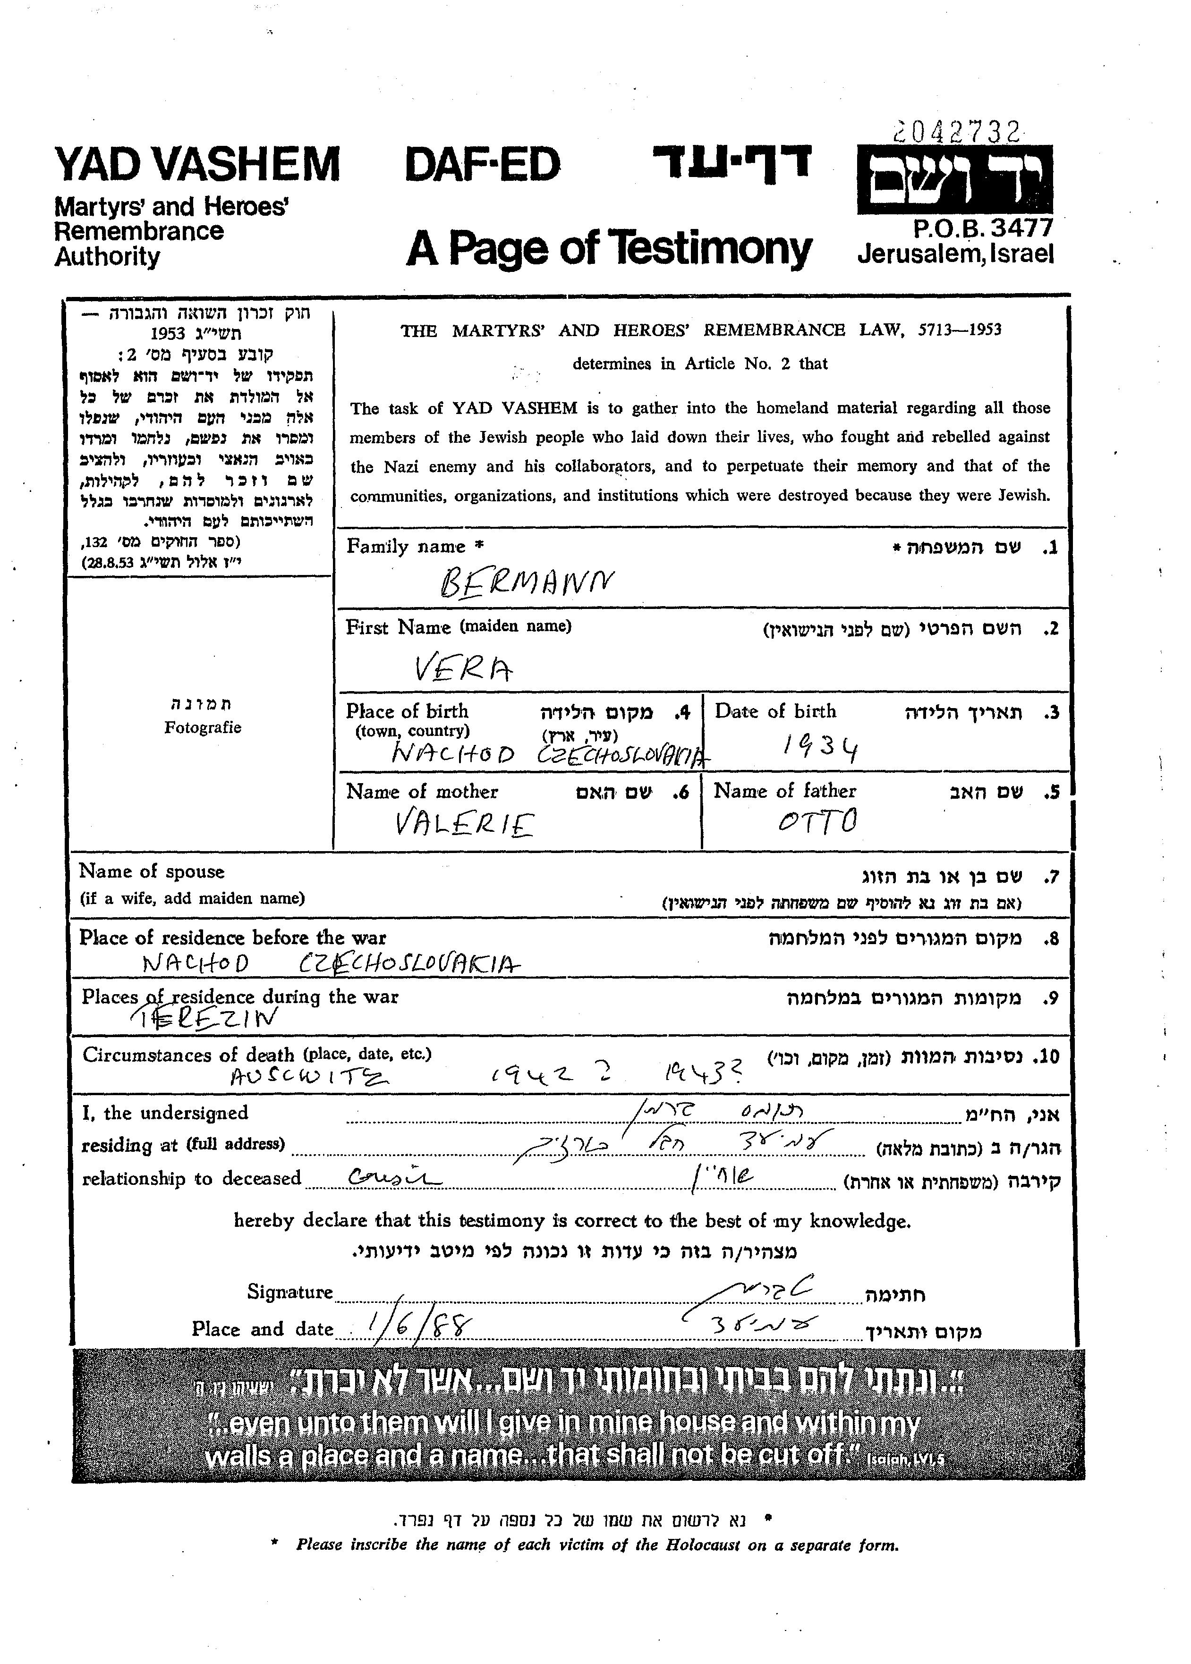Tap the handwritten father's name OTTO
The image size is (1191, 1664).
817,822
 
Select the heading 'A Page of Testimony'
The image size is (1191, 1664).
609,248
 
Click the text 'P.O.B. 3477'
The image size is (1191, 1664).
983,228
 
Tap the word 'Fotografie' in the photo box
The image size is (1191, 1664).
203,728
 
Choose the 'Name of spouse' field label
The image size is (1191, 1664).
152,871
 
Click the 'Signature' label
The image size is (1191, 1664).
289,1292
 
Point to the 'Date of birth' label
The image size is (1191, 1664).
775,711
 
